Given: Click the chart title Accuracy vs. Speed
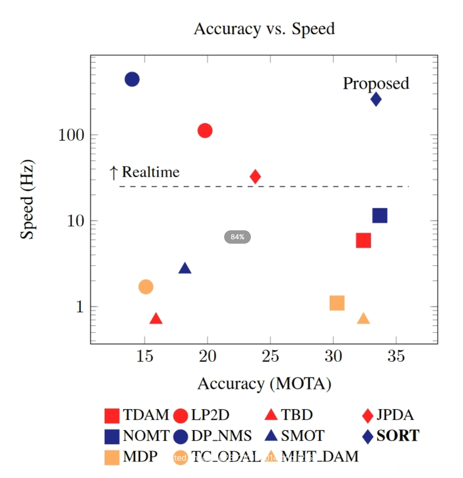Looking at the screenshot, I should (264, 29).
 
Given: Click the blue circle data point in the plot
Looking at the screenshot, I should (132, 79).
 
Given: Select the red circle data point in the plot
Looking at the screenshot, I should (205, 130).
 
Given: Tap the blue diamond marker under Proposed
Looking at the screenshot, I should (376, 99).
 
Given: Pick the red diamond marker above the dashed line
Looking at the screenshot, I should (255, 176).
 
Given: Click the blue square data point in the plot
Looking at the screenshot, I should (380, 216).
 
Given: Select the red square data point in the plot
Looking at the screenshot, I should (364, 240).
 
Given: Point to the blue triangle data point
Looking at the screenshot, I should (185, 268).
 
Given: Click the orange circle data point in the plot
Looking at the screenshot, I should (146, 287).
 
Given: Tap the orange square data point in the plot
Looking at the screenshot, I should (337, 303).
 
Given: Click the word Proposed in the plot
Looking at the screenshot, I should (376, 83).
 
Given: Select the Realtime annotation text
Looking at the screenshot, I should (150, 172).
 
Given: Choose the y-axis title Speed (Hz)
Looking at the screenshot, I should (28, 200).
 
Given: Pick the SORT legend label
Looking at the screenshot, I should (398, 435).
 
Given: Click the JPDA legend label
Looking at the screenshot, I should (394, 415).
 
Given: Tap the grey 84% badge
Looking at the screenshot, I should (238, 237).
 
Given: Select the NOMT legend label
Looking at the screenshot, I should (147, 435).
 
